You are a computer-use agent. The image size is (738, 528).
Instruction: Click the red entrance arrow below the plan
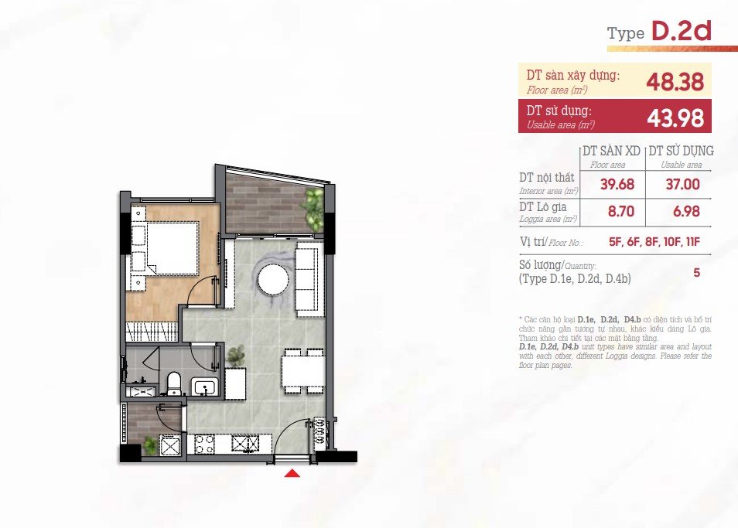pyautogui.click(x=292, y=473)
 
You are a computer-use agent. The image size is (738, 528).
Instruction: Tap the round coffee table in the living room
pyautogui.click(x=273, y=280)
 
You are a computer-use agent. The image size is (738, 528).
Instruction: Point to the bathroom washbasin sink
pyautogui.click(x=205, y=387)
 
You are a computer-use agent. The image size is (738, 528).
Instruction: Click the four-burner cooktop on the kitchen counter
pyautogui.click(x=205, y=445)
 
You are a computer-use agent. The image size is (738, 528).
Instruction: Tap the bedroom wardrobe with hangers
pyautogui.click(x=152, y=331)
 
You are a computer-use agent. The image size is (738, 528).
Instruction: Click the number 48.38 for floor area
pyautogui.click(x=675, y=82)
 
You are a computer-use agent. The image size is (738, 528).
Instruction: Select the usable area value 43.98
pyautogui.click(x=675, y=118)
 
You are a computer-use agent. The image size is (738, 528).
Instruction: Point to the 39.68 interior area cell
pyautogui.click(x=617, y=184)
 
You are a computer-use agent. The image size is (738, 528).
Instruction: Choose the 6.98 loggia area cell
pyautogui.click(x=686, y=212)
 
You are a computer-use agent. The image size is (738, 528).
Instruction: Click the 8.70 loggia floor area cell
pyautogui.click(x=621, y=212)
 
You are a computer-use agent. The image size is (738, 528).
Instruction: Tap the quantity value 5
pyautogui.click(x=696, y=272)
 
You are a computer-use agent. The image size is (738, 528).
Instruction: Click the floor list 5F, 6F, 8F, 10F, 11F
pyautogui.click(x=654, y=242)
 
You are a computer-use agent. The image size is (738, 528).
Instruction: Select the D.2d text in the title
pyautogui.click(x=681, y=31)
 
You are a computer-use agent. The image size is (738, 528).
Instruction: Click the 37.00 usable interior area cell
pyautogui.click(x=682, y=184)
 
